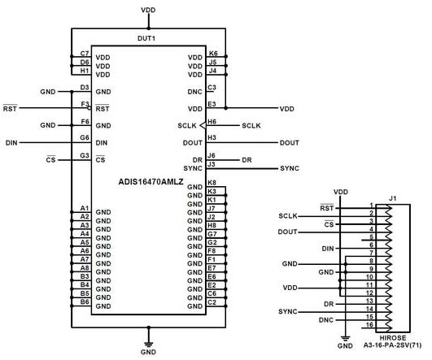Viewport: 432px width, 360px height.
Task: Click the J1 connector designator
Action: tap(392, 197)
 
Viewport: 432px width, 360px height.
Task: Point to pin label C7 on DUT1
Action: tap(85, 53)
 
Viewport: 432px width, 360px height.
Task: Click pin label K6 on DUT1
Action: tap(212, 53)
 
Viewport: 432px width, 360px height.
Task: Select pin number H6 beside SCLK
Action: tap(212, 121)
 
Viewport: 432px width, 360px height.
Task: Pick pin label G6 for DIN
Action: tap(85, 138)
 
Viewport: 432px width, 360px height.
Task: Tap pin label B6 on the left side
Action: tap(85, 301)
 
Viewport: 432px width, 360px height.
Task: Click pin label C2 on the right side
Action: tap(212, 301)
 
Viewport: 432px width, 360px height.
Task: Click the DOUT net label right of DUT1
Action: tap(290, 142)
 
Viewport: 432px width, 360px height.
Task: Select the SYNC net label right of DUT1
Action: tap(290, 168)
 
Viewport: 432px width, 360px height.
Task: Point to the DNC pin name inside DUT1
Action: tap(194, 92)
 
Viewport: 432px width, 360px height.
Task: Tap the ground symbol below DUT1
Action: tap(148, 340)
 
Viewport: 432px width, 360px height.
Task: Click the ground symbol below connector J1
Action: tap(345, 336)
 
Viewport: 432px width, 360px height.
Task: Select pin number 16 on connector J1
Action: tap(370, 324)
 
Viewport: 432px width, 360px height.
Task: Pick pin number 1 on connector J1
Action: tap(371, 205)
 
